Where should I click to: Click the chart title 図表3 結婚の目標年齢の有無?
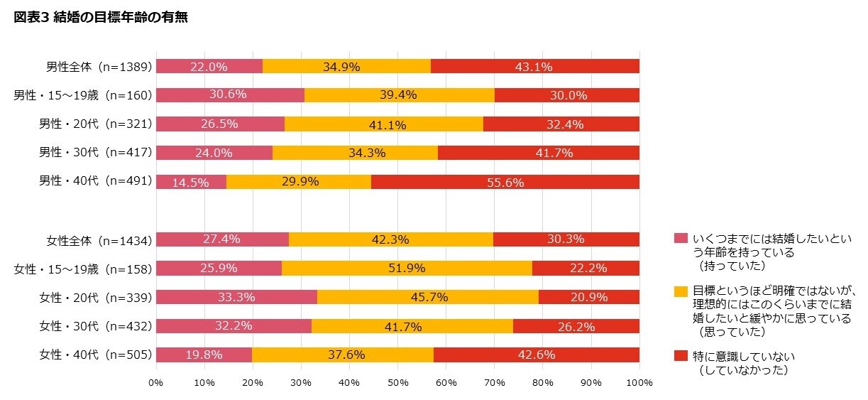101,18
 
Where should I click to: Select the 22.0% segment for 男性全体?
209,67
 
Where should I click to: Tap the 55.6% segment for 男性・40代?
505,182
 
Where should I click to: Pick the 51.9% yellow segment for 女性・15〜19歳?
407,269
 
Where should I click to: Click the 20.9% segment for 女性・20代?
588,297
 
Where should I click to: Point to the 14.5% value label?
191,183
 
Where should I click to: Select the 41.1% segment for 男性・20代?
383,124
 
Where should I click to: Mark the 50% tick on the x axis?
397,383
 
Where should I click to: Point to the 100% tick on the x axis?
639,383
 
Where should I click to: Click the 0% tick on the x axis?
156,383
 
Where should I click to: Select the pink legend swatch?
681,238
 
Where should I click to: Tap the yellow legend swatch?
681,291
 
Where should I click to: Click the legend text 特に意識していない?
745,356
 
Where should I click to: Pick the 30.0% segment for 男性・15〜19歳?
566,95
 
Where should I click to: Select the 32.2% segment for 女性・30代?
234,326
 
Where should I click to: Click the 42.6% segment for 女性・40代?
536,355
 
